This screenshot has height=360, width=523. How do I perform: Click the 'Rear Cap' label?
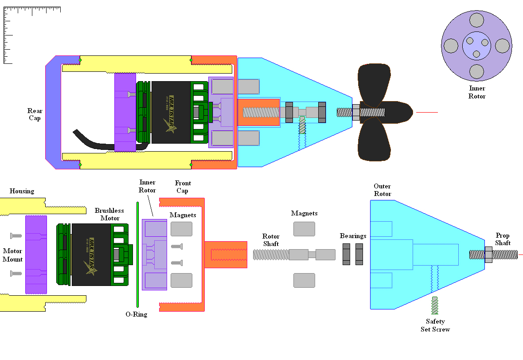coord(35,114)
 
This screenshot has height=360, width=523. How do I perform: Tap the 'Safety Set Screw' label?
coord(435,325)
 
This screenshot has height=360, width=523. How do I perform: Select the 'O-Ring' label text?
coord(136,314)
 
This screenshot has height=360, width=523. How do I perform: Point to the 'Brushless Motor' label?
coord(109,215)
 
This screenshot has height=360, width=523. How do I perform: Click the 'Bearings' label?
coord(353,236)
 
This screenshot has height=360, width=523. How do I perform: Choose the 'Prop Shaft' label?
coord(503,239)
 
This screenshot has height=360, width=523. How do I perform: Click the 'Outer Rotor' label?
coord(382,190)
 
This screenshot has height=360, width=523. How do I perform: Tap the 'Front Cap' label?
coord(183,187)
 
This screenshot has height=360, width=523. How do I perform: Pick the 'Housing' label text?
coord(22,191)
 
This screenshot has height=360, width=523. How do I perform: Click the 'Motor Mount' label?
coord(12,255)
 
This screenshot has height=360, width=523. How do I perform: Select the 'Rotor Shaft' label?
coord(270,240)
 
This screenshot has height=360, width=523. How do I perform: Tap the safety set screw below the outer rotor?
coord(435,305)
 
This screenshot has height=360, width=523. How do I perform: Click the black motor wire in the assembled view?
coord(93,141)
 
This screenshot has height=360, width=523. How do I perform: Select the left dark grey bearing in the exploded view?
coord(346,254)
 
